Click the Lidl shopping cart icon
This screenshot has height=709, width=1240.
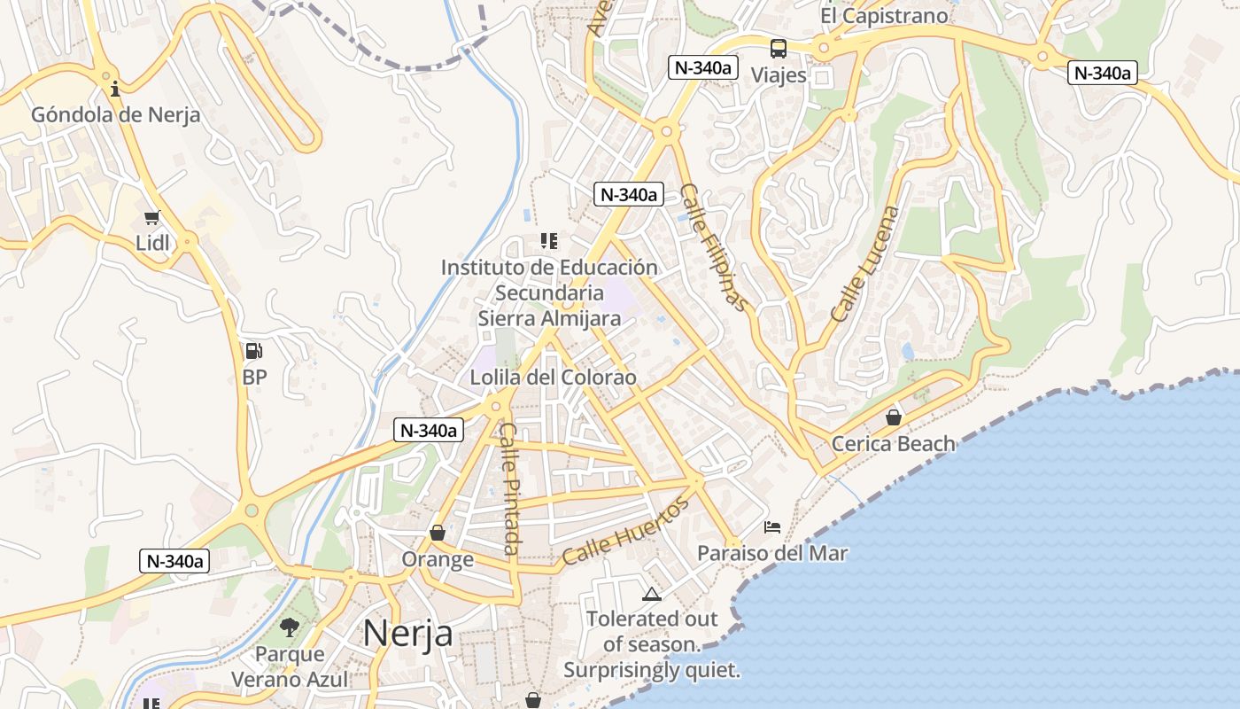pos(151,217)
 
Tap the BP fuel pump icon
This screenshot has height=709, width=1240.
pos(253,351)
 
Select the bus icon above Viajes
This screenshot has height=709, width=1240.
pos(778,49)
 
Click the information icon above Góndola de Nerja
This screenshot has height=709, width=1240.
pos(114,90)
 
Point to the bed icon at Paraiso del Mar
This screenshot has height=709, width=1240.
pos(772,527)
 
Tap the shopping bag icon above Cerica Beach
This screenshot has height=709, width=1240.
pos(894,417)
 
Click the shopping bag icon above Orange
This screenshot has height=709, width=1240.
pos(437,533)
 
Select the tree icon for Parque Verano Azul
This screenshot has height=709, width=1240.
pos(289,627)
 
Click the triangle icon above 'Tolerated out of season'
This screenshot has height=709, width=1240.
pos(652,594)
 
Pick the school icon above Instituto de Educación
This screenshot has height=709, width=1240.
pos(548,240)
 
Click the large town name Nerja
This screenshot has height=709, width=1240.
pos(407,634)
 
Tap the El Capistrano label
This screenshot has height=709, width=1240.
pos(883,16)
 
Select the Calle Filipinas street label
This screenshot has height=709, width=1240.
pos(714,247)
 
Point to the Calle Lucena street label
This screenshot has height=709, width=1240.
pos(865,264)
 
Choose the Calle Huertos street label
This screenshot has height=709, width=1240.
pos(625,532)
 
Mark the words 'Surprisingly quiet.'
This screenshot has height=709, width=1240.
pos(652,670)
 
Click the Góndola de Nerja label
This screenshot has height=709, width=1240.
pos(115,115)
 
